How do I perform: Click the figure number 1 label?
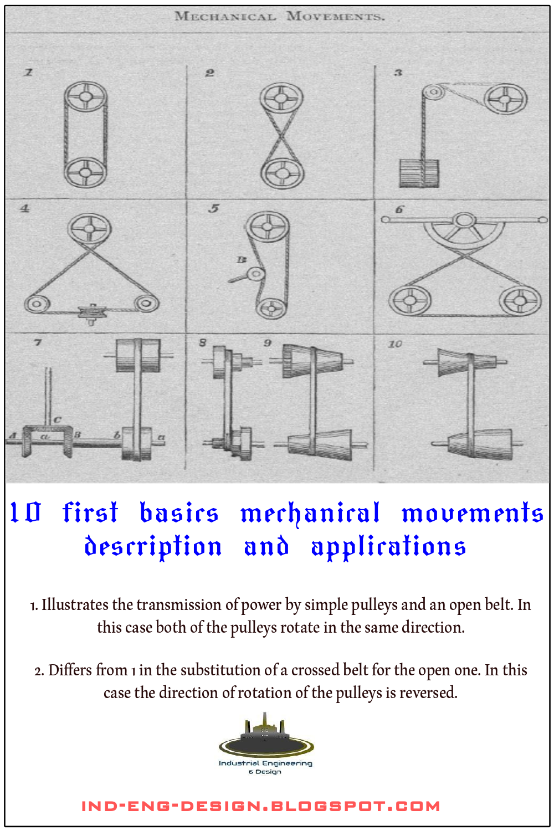tap(29, 72)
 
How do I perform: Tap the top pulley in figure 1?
tap(85, 97)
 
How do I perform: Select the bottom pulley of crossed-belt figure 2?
tap(282, 173)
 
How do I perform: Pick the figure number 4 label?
tap(24, 209)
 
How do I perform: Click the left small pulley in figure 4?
tap(37, 304)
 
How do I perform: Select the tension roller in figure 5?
tap(255, 274)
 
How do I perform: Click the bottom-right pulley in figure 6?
tap(520, 301)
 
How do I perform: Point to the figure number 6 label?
tap(399, 209)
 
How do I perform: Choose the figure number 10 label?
tap(395, 344)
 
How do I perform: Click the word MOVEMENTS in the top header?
tap(335, 17)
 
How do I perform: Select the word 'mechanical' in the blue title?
tap(310, 513)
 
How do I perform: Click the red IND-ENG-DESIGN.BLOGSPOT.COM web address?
tap(261, 806)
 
